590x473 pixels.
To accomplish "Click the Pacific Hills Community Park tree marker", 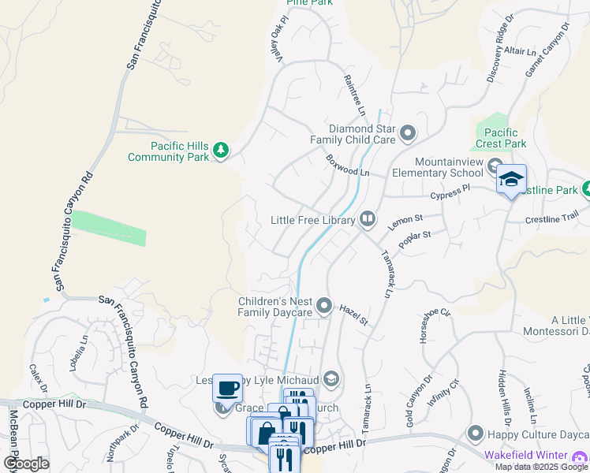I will (x=222, y=151).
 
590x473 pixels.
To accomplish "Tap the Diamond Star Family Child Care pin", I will (x=408, y=133).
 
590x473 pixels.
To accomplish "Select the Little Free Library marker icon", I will (x=368, y=220).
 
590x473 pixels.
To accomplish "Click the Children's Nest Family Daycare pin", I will (x=324, y=306).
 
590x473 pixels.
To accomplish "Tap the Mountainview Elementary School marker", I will (x=495, y=166).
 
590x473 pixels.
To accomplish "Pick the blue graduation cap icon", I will (x=511, y=180).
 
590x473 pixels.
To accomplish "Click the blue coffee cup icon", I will (x=227, y=387).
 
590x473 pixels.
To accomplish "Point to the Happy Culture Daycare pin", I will (x=475, y=433).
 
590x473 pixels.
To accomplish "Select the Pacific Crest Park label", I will (x=501, y=139).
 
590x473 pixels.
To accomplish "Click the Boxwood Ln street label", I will (x=348, y=166).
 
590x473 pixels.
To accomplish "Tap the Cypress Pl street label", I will (x=450, y=192).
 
